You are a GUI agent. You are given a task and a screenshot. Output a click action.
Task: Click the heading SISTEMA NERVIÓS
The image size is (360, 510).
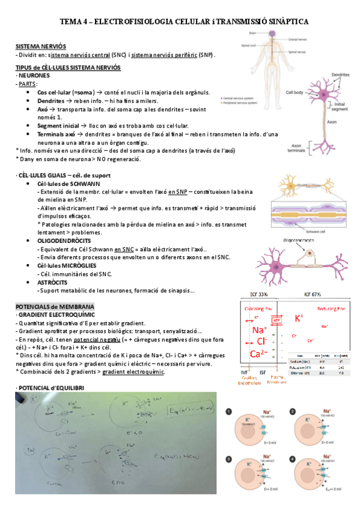click(x=41, y=46)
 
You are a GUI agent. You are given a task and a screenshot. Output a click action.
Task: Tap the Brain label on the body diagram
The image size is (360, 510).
click(x=254, y=33)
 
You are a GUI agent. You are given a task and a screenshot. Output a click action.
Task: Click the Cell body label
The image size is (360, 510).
click(x=294, y=92)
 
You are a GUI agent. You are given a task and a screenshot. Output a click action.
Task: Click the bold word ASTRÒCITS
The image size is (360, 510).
click(x=52, y=282)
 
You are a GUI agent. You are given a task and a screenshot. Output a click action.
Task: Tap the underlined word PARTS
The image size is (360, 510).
click(x=28, y=84)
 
